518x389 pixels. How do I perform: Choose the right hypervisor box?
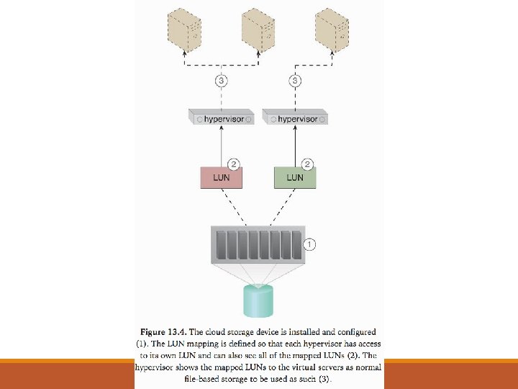click(295, 117)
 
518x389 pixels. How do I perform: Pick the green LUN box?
click(295, 177)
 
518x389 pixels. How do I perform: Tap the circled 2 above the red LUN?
click(232, 164)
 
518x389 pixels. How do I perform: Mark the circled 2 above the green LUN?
click(306, 164)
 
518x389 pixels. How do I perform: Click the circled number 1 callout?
click(309, 244)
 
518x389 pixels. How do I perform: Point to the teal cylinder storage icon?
click(258, 300)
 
